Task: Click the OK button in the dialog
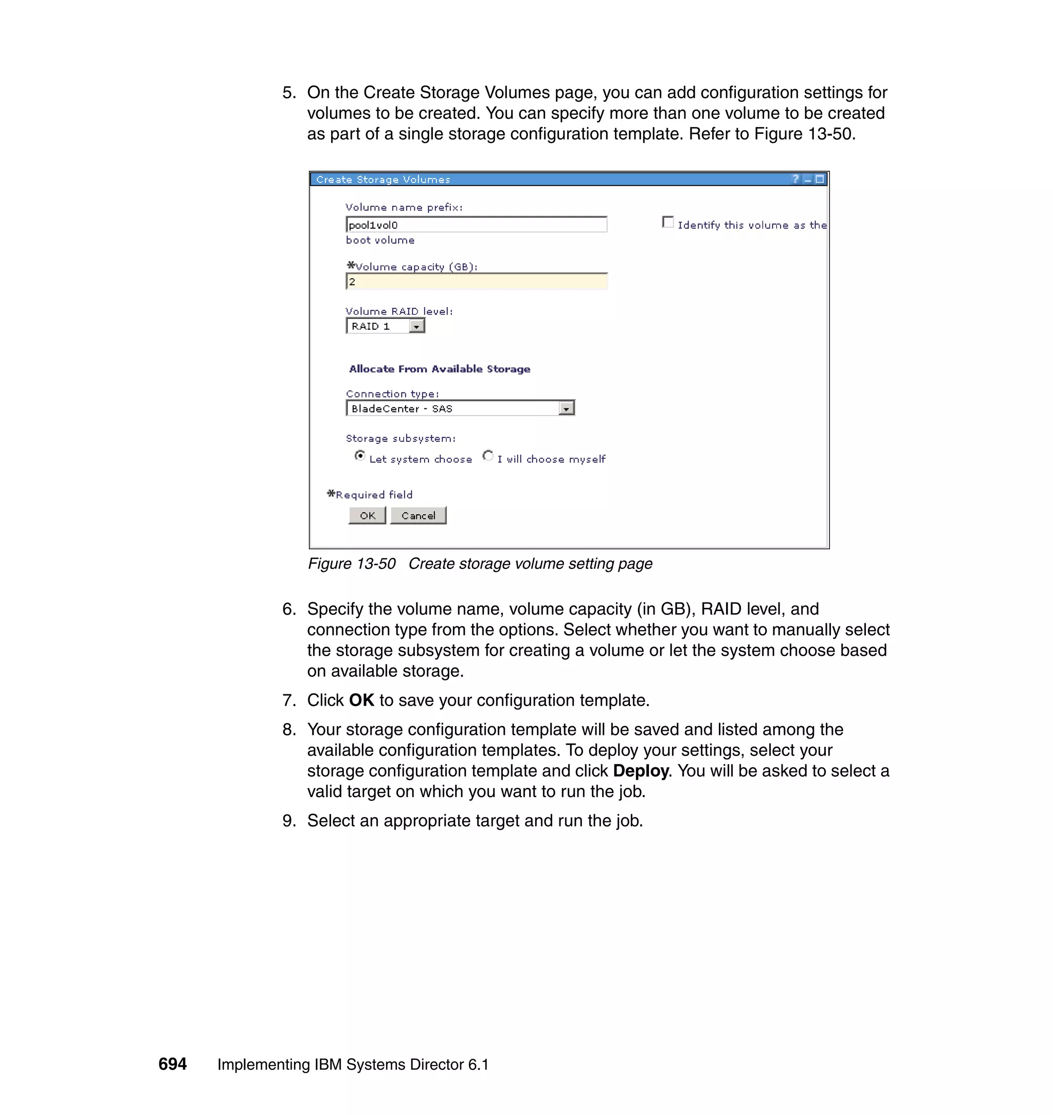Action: coord(367,515)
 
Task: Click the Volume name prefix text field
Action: coord(476,225)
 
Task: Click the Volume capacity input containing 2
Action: coord(476,282)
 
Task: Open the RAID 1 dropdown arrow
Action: coord(416,326)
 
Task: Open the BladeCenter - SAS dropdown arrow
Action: coord(567,409)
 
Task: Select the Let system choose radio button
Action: coord(360,456)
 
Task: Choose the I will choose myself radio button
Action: coord(488,456)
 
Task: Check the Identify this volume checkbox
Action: coord(668,222)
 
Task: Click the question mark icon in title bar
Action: coord(795,179)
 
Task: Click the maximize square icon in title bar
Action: coord(820,179)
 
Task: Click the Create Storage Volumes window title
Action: coord(383,179)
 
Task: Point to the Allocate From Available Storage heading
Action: coord(440,369)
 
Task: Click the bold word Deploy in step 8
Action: coord(641,771)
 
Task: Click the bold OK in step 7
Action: coord(361,700)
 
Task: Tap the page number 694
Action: coord(172,1064)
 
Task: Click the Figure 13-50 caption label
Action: coord(351,564)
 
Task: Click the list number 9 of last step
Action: coord(288,821)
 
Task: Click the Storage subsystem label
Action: coord(400,439)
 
